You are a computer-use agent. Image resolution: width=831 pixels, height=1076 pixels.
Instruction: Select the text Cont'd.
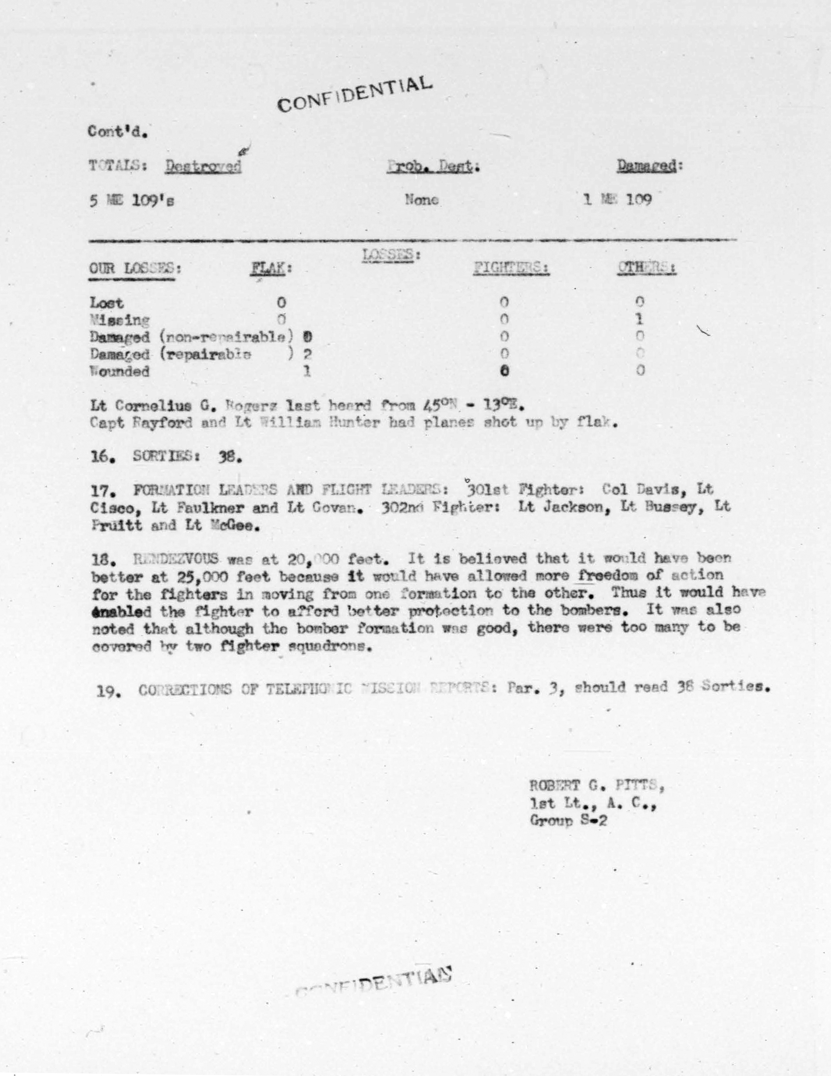[x=118, y=132]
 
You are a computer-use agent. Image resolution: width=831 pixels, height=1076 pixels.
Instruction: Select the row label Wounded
[x=119, y=371]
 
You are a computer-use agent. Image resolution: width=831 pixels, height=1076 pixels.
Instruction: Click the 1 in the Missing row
[x=639, y=319]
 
